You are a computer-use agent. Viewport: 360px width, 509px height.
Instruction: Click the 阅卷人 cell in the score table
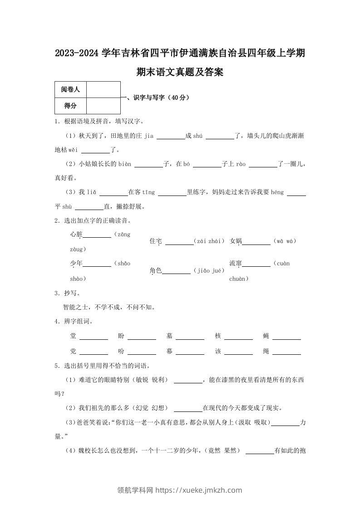pyautogui.click(x=70, y=90)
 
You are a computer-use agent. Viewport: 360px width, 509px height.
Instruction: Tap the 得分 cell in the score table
pyautogui.click(x=70, y=106)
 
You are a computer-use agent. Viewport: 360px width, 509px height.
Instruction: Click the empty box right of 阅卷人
pyautogui.click(x=103, y=90)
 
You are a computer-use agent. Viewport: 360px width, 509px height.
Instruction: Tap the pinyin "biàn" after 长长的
pyautogui.click(x=124, y=164)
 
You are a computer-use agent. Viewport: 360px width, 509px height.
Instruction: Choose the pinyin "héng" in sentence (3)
pyautogui.click(x=277, y=192)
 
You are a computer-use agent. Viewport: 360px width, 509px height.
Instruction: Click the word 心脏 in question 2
pyautogui.click(x=76, y=235)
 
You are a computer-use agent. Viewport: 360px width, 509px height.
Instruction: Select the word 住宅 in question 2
pyautogui.click(x=156, y=242)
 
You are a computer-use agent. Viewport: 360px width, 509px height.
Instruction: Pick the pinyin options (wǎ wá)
pyautogui.click(x=285, y=242)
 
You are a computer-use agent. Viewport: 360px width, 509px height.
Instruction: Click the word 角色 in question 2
pyautogui.click(x=156, y=271)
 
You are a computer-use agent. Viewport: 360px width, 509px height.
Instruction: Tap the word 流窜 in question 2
pyautogui.click(x=236, y=264)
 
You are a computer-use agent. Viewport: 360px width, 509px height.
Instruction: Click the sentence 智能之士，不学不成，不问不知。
pyautogui.click(x=109, y=307)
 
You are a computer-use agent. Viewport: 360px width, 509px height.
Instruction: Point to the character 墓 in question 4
pyautogui.click(x=169, y=336)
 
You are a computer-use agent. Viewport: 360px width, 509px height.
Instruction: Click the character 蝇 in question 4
pyautogui.click(x=266, y=336)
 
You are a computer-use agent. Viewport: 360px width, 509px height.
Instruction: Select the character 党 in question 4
pyautogui.click(x=73, y=351)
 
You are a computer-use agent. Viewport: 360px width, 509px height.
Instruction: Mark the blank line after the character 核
pyautogui.click(x=238, y=338)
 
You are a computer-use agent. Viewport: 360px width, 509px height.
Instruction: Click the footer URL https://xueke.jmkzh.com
pyautogui.click(x=198, y=490)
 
